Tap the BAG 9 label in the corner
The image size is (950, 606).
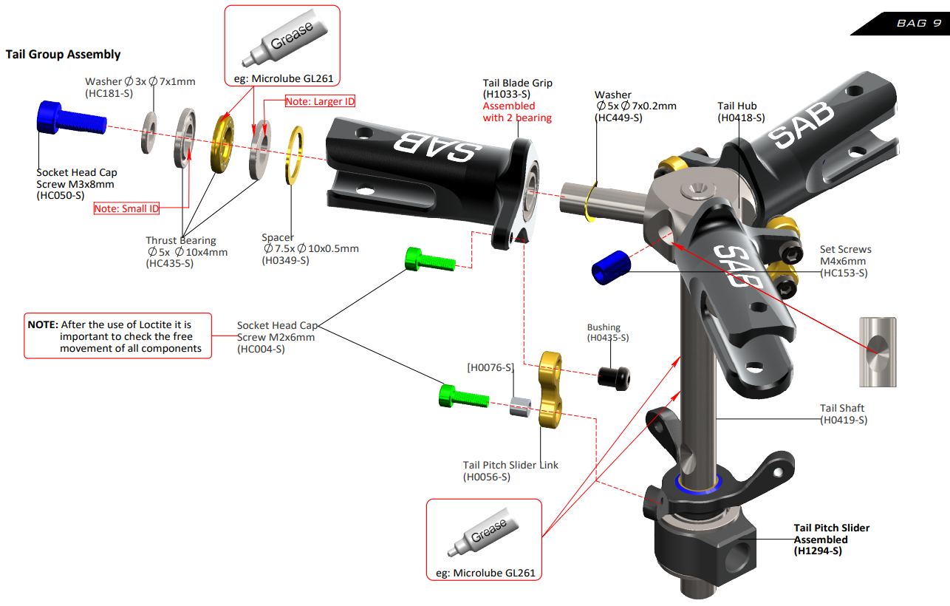point(918,23)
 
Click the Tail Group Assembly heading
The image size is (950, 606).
point(63,54)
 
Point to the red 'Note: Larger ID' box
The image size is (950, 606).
point(320,101)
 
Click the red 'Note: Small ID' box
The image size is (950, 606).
point(126,209)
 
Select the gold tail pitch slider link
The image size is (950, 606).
point(551,392)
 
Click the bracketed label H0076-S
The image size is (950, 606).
point(491,367)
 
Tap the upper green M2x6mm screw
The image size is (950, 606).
point(428,260)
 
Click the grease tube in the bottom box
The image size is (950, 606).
point(484,535)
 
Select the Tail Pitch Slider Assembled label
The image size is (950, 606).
point(831,539)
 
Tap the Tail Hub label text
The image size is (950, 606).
point(737,106)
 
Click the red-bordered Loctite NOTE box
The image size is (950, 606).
point(117,336)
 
